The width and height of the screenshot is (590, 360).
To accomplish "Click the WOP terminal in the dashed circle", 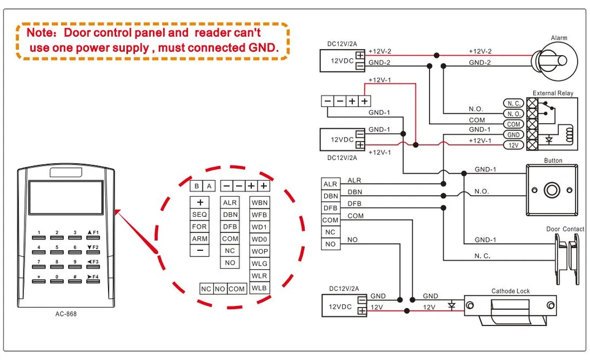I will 260,251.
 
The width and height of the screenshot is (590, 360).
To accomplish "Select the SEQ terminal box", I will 199,215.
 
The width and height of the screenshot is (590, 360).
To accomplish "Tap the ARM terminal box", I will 199,239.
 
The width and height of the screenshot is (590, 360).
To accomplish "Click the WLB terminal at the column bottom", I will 260,288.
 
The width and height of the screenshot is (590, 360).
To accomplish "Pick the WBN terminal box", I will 260,202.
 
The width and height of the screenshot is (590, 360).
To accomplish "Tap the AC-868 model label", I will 66,314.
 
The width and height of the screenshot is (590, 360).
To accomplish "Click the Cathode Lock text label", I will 510,291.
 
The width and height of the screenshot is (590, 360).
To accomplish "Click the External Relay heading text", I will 553,94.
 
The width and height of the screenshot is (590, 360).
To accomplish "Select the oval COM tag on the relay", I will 514,125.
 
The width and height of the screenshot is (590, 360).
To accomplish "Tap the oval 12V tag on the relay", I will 514,145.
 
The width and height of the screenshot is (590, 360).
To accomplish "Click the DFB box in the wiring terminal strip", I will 330,208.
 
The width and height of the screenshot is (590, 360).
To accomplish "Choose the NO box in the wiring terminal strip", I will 330,244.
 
